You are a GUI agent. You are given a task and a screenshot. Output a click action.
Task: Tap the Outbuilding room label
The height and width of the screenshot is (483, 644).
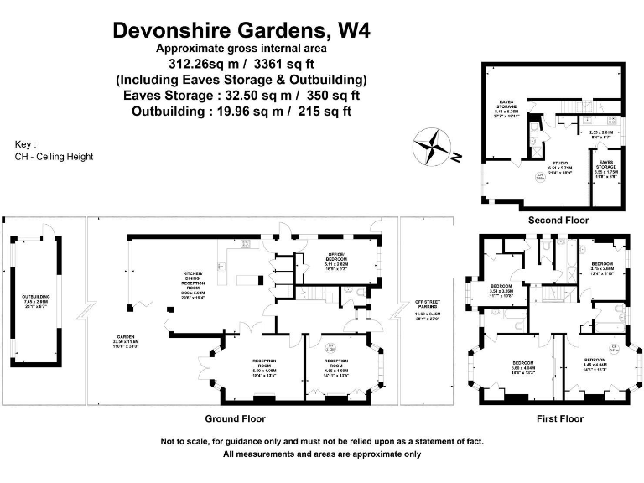[x=35, y=300]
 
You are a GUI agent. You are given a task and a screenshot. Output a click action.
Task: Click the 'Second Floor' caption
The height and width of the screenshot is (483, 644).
[x=558, y=221]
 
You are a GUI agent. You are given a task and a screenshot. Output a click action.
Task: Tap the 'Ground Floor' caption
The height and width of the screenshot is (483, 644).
[x=236, y=418]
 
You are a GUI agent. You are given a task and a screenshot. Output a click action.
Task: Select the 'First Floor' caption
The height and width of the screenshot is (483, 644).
[x=559, y=418]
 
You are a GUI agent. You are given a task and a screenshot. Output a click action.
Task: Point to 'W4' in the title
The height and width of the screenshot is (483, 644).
[x=353, y=31]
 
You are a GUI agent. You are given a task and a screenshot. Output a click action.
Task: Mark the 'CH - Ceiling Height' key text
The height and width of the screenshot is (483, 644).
[x=54, y=157]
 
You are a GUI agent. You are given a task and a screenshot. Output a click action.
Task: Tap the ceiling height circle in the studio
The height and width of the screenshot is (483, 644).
[x=541, y=177]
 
